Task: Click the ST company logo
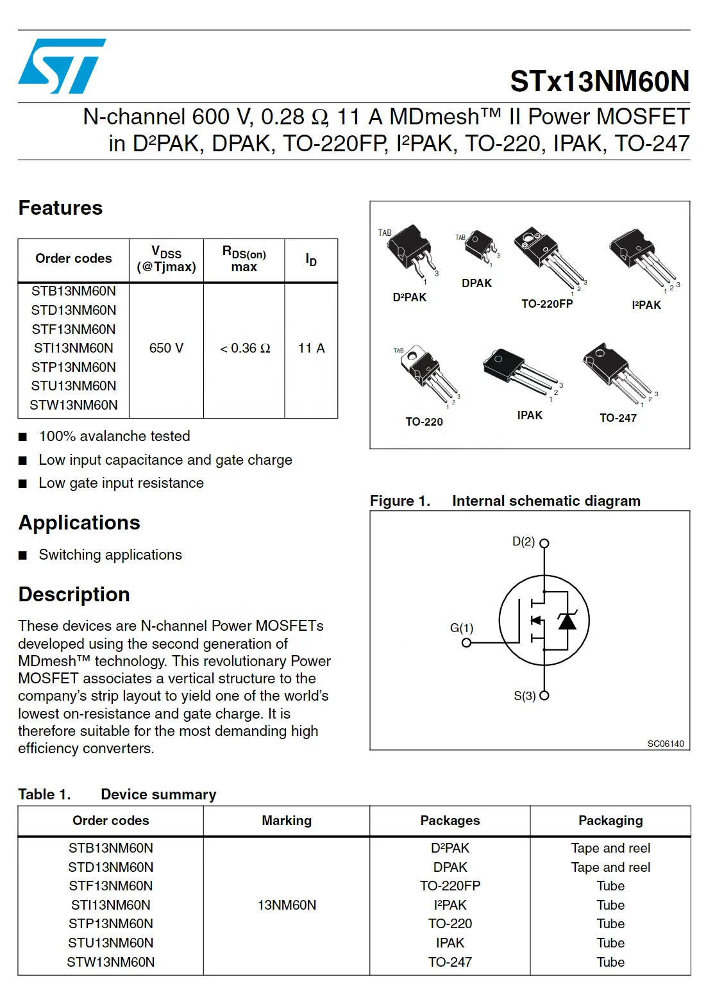point(62,66)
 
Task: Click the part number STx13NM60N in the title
point(599,81)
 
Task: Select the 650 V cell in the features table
point(166,348)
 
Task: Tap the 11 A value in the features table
point(311,348)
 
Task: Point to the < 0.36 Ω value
point(244,348)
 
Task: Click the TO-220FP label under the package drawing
point(546,304)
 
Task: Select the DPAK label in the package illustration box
point(476,283)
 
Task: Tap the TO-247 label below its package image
point(618,418)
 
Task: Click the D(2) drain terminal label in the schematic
point(523,542)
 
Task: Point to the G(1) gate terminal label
point(461,628)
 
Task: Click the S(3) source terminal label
point(525,696)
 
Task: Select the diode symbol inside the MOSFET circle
point(567,621)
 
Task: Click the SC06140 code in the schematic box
point(665,744)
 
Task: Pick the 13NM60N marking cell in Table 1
point(287,905)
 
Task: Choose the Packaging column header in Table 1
point(610,821)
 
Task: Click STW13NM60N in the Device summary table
point(111,962)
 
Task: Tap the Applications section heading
point(79,522)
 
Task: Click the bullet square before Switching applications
point(23,555)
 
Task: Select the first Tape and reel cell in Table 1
point(610,848)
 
